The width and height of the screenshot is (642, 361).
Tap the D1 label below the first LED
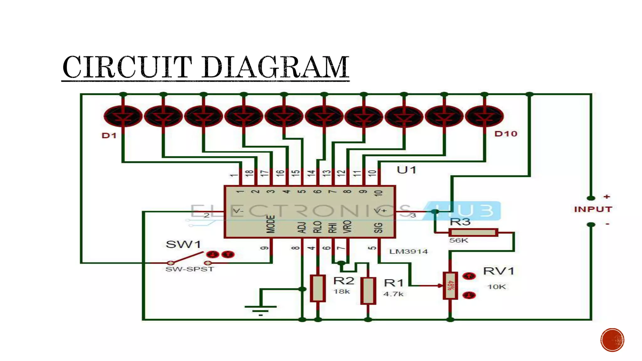[x=109, y=136]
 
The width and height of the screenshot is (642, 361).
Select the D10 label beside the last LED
[x=506, y=134]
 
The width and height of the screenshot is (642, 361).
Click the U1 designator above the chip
[x=406, y=170]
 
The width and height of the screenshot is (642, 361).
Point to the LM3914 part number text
[x=408, y=252]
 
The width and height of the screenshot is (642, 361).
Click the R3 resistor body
[x=473, y=233]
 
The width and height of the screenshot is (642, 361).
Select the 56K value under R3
[x=458, y=241]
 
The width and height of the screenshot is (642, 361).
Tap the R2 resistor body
[x=318, y=288]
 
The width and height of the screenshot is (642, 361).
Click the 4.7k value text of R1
[x=393, y=294]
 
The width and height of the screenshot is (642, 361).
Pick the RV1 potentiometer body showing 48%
[x=450, y=286]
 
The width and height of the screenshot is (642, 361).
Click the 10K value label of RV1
[x=497, y=287]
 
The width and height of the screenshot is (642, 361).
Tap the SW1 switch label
[x=183, y=244]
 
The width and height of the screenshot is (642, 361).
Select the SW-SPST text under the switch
[x=189, y=269]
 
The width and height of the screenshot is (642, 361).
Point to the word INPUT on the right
[x=593, y=209]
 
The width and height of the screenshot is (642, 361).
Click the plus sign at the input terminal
[x=607, y=197]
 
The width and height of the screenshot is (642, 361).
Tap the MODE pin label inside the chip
[x=271, y=224]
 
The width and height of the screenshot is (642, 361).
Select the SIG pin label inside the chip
[x=378, y=228]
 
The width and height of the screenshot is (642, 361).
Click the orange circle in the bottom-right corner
[x=612, y=340]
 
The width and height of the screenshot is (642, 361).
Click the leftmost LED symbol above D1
[x=123, y=116]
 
